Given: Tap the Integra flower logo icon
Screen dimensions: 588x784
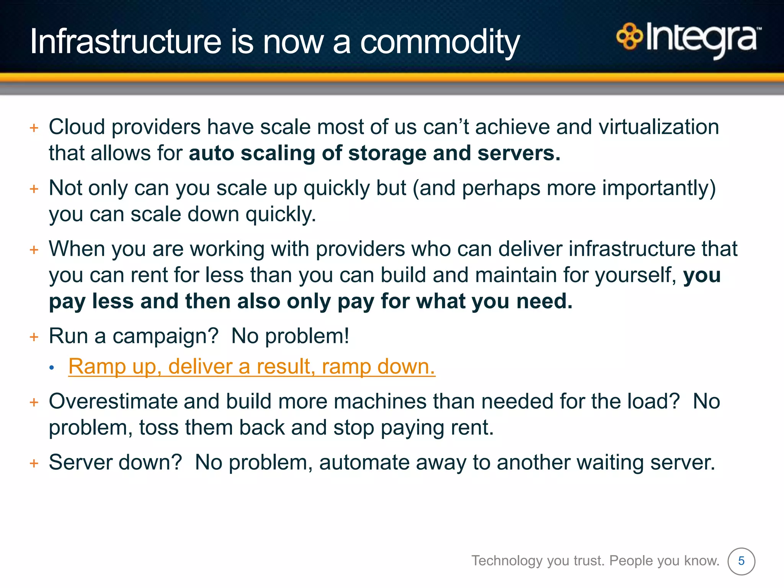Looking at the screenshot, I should point(629,36).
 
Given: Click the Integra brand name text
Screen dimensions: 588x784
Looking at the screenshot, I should point(702,38).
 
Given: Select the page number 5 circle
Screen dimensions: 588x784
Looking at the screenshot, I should point(741,561).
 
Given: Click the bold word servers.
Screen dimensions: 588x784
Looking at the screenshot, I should point(519,154).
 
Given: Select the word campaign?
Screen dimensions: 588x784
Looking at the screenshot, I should point(165,336).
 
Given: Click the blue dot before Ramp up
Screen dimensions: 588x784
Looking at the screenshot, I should point(52,368).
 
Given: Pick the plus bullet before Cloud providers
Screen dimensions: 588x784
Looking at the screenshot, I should point(34,128).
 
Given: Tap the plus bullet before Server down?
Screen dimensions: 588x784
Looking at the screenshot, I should point(34,464).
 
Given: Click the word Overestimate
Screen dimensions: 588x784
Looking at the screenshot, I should point(113,402).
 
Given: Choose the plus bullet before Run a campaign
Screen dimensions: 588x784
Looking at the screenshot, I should point(34,337).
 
